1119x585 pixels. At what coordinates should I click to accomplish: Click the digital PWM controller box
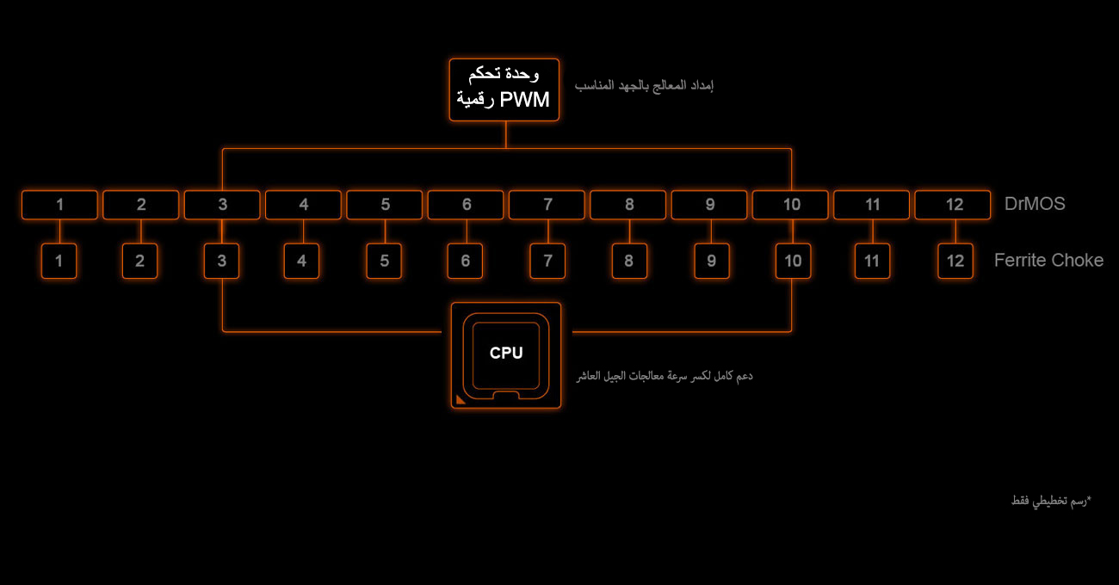click(504, 89)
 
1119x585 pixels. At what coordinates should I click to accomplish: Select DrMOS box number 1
click(59, 205)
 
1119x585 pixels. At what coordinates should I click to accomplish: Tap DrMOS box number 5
click(385, 205)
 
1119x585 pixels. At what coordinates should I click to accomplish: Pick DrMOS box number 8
click(628, 205)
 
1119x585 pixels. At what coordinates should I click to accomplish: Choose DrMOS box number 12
click(953, 205)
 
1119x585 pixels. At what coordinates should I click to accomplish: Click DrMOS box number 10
click(790, 205)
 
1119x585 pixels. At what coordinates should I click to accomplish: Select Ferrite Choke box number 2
click(139, 261)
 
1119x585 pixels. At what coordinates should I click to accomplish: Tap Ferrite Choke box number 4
click(301, 261)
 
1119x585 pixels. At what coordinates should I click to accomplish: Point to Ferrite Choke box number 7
click(547, 261)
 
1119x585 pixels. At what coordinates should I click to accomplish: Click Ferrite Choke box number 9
click(712, 261)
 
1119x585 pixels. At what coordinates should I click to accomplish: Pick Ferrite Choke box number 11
click(872, 261)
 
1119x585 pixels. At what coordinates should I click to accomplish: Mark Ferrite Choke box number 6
click(465, 261)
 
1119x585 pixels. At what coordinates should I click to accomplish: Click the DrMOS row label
click(1035, 204)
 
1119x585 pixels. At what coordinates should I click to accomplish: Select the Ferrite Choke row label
click(1048, 260)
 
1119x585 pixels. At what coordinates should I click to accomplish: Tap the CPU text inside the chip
click(506, 353)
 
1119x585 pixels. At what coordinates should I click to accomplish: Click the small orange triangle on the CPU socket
click(461, 400)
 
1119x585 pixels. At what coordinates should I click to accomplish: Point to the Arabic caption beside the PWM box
click(644, 86)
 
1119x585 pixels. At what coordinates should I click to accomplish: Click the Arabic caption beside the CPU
click(665, 376)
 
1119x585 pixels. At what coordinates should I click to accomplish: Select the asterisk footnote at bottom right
click(1051, 501)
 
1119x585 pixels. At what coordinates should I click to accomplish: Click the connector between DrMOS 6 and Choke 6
click(467, 231)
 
